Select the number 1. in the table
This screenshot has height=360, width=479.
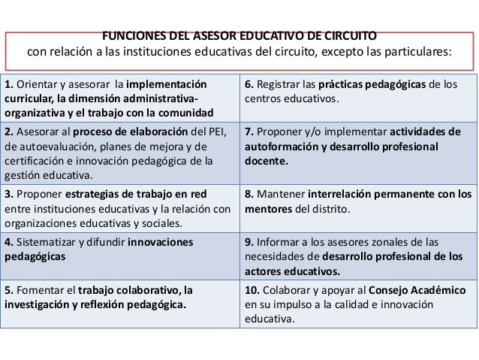(x=8, y=83)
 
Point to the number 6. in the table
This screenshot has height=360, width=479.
(x=249, y=83)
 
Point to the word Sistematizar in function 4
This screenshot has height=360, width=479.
(x=50, y=243)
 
